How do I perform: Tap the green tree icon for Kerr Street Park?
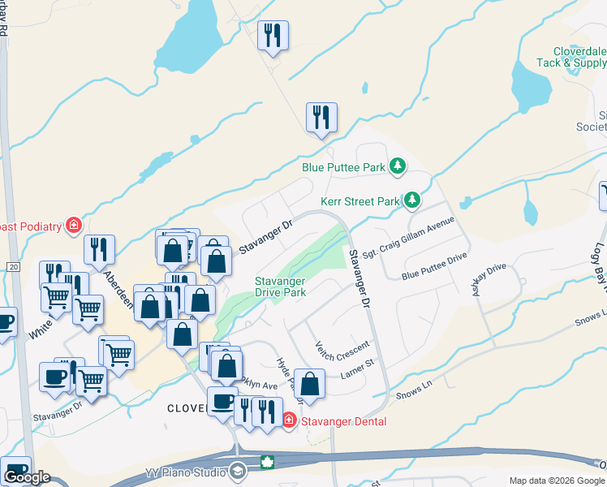(412, 199)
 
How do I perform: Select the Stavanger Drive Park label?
(280, 287)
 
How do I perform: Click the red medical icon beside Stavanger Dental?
(290, 420)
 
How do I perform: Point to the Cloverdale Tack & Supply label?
(572, 56)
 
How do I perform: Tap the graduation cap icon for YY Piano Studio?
(238, 470)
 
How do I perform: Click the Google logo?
(27, 477)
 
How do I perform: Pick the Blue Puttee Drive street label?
(434, 265)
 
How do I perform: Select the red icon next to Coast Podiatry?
(74, 224)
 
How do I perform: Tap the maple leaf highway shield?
(266, 463)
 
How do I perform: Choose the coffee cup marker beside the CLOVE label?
(222, 402)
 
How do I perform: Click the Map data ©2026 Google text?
(556, 481)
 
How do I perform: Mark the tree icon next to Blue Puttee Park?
(397, 166)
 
